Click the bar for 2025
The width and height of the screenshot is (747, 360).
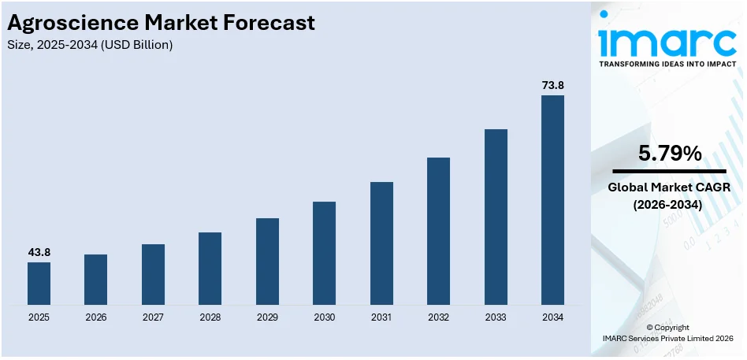(x=39, y=284)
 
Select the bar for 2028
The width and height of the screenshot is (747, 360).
(x=210, y=269)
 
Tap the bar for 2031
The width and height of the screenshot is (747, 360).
(x=381, y=243)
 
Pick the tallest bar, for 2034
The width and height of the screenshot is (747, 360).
(x=552, y=200)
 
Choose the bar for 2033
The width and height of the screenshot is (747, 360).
(x=496, y=217)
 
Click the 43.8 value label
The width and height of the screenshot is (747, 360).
(x=39, y=252)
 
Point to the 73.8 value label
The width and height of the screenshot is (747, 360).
(x=552, y=85)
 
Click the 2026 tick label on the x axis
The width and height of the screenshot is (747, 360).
(x=95, y=317)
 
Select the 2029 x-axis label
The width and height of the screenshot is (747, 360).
(x=267, y=317)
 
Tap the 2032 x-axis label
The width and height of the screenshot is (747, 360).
(x=438, y=317)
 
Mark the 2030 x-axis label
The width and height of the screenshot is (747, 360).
(x=324, y=317)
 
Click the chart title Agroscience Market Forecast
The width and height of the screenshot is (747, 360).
(x=162, y=23)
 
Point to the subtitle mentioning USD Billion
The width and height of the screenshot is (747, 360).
(x=90, y=45)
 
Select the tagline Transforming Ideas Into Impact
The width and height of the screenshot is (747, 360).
(x=669, y=64)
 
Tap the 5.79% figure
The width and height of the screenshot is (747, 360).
(x=669, y=154)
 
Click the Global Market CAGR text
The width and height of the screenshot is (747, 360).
(x=669, y=187)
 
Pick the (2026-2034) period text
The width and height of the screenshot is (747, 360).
(x=669, y=205)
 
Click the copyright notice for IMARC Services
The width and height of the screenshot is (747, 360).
(x=667, y=332)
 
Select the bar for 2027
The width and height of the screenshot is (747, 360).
(x=153, y=274)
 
